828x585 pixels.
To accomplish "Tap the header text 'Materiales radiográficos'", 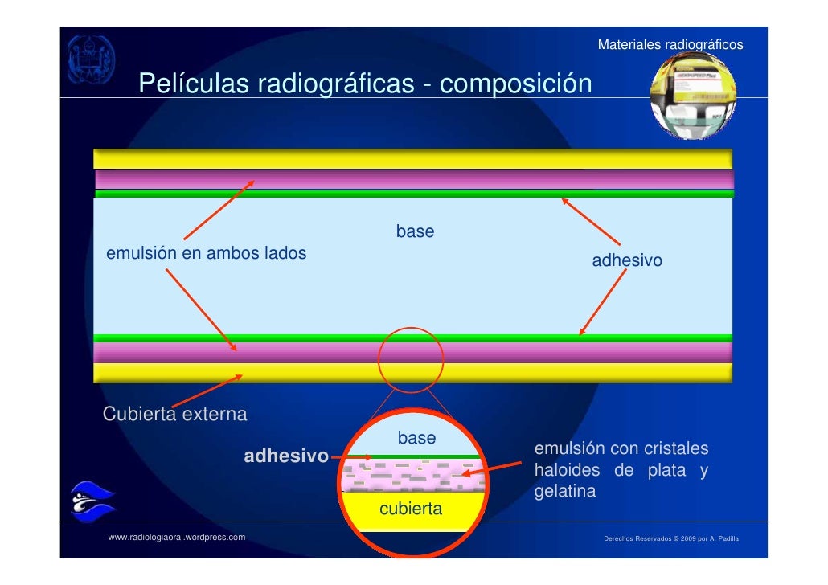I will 670,45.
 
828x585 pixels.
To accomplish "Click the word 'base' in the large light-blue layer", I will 415,232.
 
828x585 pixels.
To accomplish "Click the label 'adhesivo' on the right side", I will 627,261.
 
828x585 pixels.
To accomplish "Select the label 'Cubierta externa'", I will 175,415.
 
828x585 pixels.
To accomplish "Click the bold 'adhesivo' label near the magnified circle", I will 286,456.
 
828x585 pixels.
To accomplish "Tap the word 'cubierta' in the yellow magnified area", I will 410,509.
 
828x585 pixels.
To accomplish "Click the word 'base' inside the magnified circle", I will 416,439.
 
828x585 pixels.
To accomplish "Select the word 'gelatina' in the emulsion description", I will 565,492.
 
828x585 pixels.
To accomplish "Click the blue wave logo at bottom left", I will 92,502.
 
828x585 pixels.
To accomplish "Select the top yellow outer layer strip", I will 413,158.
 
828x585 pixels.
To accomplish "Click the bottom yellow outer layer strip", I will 413,372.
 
